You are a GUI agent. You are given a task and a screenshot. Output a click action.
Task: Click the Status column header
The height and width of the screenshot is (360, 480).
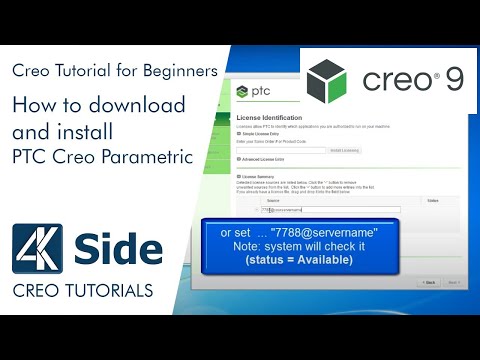[x=432, y=200]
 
